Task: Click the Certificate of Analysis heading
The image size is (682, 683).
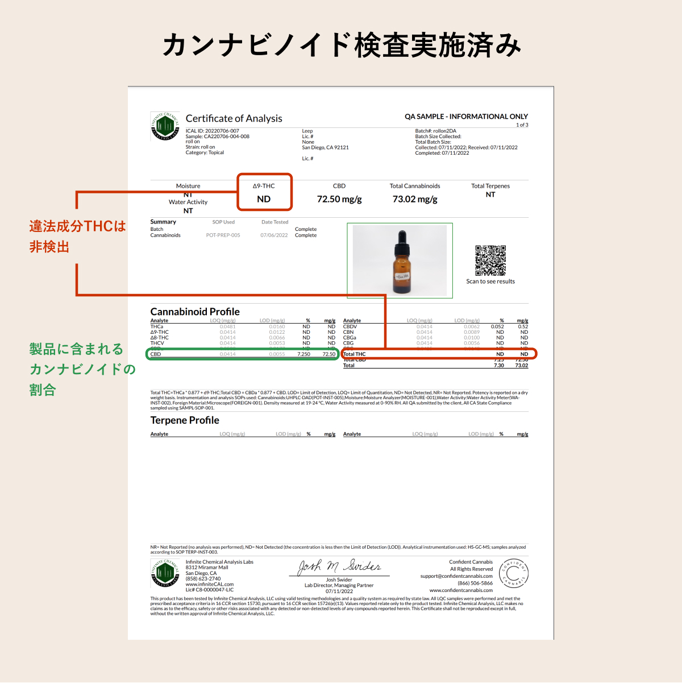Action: click(x=234, y=118)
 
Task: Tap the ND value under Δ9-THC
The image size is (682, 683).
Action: click(x=264, y=199)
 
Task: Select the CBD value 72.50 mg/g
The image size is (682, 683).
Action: click(x=339, y=199)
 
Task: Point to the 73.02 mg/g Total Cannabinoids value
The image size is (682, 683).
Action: click(x=415, y=199)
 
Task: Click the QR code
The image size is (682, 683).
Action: click(x=490, y=260)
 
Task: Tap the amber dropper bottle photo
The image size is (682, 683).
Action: click(x=400, y=260)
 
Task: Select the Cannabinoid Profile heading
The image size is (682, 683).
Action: click(x=195, y=312)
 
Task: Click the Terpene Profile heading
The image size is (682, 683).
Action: click(x=185, y=420)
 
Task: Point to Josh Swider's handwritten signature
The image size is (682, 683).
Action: click(x=339, y=566)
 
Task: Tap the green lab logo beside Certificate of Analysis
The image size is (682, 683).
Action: click(x=165, y=126)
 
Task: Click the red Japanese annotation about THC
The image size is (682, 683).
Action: click(x=77, y=236)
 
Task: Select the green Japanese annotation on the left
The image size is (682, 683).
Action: click(x=82, y=369)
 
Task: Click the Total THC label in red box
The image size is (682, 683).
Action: click(x=355, y=354)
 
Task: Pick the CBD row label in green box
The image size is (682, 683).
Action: click(x=156, y=354)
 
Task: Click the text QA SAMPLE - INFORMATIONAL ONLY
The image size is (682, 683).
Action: click(x=466, y=117)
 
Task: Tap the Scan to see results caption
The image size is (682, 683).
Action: click(x=490, y=282)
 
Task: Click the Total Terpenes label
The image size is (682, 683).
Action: click(x=490, y=186)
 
